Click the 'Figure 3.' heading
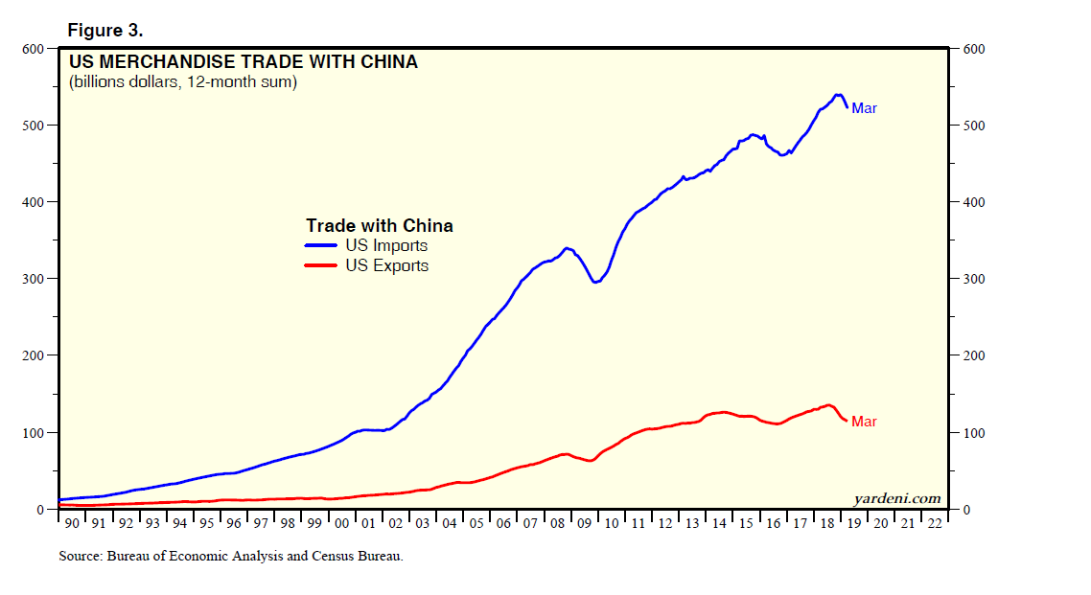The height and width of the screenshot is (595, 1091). [105, 31]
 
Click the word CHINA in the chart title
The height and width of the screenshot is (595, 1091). [386, 62]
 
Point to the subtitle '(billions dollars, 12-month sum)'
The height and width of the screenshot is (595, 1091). [183, 83]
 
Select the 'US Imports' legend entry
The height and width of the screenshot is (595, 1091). [386, 246]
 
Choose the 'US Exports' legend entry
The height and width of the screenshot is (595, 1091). [386, 266]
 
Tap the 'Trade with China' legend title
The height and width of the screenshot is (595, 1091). [380, 226]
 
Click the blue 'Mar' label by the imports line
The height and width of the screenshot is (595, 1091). [864, 109]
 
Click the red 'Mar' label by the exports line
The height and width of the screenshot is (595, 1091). [864, 423]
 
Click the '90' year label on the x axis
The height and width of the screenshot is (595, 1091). [71, 523]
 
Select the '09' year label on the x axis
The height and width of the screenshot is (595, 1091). [583, 523]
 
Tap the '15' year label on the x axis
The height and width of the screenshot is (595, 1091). [745, 523]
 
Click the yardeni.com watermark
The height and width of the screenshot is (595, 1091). [896, 498]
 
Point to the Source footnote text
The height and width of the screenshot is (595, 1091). [231, 556]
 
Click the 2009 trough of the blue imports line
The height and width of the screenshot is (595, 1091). [595, 282]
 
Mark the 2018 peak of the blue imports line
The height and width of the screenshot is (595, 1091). [838, 95]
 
